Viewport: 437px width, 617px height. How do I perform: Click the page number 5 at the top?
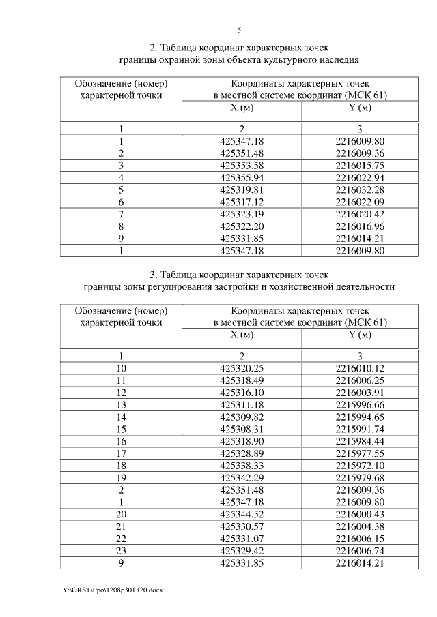239,30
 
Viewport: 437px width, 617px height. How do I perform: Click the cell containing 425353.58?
242,165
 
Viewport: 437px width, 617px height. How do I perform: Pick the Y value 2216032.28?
360,190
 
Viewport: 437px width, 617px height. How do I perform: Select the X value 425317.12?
242,202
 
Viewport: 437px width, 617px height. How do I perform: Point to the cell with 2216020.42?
360,214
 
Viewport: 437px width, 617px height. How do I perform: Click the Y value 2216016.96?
360,226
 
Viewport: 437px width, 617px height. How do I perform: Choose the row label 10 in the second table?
121,368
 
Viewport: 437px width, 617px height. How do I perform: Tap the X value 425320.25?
242,368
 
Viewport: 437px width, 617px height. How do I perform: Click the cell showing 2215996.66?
360,405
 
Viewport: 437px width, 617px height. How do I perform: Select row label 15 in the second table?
121,430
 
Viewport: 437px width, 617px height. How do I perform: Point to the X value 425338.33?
242,466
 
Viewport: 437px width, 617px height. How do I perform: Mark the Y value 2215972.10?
360,466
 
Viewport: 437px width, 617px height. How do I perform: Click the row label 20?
121,515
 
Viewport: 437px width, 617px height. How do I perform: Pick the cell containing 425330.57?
242,528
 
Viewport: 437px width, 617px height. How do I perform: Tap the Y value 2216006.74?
360,552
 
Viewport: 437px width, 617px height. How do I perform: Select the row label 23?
121,552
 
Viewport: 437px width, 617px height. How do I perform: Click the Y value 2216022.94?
360,177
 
